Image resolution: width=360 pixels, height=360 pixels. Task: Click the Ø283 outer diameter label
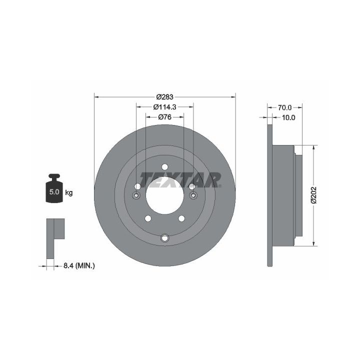[164, 97]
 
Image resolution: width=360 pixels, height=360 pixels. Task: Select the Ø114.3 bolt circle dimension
[164, 107]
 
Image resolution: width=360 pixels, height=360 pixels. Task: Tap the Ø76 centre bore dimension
[164, 117]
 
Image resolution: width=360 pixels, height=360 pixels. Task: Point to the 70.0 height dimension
[284, 107]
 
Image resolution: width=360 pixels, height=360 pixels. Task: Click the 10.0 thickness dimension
[288, 117]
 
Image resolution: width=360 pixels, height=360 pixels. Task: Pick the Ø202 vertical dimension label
[313, 195]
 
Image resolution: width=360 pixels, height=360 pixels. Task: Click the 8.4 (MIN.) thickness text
[79, 266]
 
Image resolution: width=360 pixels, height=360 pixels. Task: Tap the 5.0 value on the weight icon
[54, 191]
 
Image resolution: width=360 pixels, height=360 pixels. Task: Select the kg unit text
[69, 192]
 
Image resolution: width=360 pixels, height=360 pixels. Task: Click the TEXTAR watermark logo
[180, 180]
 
